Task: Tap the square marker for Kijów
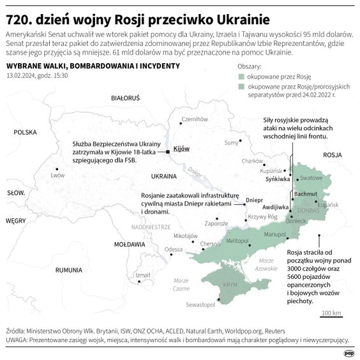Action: pos(168,152)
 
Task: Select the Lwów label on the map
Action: pos(58,174)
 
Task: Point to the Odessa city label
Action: pos(174,250)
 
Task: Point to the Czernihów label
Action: pos(195,119)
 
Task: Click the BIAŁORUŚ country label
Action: pos(125,99)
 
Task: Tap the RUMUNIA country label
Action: pos(69,270)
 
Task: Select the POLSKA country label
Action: pos(26,132)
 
